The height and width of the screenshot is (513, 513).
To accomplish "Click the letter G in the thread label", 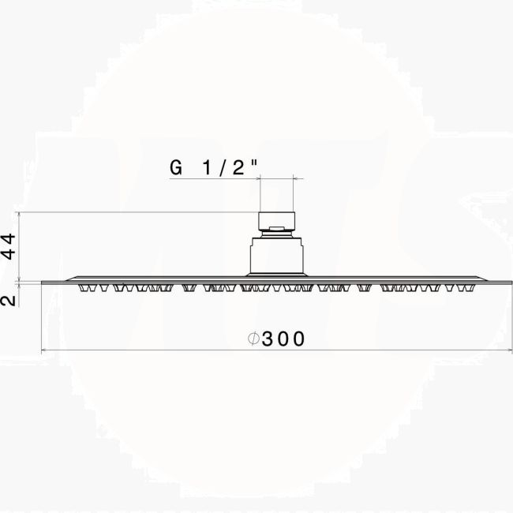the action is click(x=176, y=167).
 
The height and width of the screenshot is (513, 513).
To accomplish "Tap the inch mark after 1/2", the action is click(x=254, y=163).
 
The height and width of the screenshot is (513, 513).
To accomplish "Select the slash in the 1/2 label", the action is click(x=223, y=168).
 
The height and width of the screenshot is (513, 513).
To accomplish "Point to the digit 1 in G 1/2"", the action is click(x=207, y=167).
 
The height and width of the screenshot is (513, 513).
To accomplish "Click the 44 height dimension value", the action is click(x=8, y=246).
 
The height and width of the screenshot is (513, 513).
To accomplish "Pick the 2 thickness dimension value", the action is click(x=8, y=301).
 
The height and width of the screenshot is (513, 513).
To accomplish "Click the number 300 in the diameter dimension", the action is click(x=283, y=339).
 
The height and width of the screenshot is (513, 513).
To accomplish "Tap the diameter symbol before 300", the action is click(x=253, y=339).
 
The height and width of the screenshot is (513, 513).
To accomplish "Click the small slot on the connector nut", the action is click(x=276, y=228).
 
